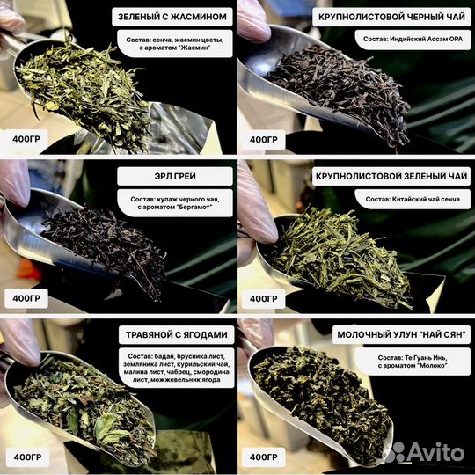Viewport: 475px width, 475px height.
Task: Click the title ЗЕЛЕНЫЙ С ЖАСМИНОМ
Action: [x=172, y=17]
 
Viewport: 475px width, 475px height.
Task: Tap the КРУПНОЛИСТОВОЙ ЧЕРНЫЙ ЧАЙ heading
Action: [x=391, y=17]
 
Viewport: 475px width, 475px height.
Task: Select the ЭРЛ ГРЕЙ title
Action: [x=175, y=176]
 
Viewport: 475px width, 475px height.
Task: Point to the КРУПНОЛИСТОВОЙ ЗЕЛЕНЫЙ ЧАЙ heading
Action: [x=391, y=176]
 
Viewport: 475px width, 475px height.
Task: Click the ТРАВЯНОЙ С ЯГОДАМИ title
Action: [x=176, y=335]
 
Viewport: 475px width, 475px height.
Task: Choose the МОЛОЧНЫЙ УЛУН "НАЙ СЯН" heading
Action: [x=401, y=334]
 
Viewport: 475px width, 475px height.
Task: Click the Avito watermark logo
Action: [x=423, y=452]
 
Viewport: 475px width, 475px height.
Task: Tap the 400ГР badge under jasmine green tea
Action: [x=26, y=139]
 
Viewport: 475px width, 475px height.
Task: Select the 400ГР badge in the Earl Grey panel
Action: [x=26, y=298]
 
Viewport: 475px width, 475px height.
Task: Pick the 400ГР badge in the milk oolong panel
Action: [x=263, y=457]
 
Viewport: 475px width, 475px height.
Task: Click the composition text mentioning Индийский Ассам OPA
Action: [x=413, y=39]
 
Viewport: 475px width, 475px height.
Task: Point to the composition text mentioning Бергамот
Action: [x=175, y=203]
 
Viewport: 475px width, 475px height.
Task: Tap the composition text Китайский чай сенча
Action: [x=413, y=200]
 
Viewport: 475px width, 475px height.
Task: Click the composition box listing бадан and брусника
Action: [x=176, y=368]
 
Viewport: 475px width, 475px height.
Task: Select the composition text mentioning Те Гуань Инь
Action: [x=413, y=362]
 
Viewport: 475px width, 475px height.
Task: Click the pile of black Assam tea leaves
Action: [x=340, y=91]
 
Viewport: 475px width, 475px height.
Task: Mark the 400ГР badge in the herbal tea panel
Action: [x=27, y=457]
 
